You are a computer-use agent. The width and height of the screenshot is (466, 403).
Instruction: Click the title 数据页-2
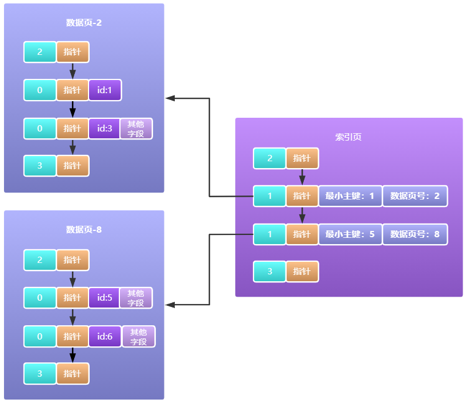click(x=84, y=23)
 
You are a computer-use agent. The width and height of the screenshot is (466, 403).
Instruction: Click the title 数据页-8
click(x=84, y=230)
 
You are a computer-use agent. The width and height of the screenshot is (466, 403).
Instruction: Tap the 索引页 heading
click(x=348, y=137)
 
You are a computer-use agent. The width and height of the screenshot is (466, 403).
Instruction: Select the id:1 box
click(x=105, y=90)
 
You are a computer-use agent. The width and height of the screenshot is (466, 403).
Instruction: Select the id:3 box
click(x=105, y=129)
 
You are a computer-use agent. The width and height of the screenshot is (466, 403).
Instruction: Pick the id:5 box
click(x=105, y=298)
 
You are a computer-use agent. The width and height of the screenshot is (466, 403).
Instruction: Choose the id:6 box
click(x=105, y=337)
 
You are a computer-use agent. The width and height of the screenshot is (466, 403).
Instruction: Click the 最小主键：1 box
click(x=350, y=196)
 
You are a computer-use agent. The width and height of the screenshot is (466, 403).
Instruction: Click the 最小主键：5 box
click(x=350, y=234)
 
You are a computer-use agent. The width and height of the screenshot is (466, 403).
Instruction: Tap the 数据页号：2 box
click(x=415, y=196)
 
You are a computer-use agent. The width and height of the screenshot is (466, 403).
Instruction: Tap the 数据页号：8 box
click(x=415, y=234)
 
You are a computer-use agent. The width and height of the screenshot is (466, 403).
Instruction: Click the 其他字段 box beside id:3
click(x=136, y=129)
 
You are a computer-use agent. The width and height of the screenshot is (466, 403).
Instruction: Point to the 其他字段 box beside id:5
click(x=136, y=298)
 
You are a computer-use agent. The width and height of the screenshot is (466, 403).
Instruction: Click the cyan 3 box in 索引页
click(x=270, y=272)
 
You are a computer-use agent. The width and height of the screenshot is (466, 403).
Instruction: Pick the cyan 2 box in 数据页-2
click(x=40, y=52)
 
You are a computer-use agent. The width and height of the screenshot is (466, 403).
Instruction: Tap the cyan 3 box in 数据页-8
click(x=40, y=374)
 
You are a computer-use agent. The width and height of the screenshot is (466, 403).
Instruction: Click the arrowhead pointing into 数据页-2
click(x=170, y=98)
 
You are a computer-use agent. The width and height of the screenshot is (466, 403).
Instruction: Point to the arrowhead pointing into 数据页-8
click(x=170, y=305)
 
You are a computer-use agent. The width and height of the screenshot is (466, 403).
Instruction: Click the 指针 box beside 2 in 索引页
click(x=302, y=158)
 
